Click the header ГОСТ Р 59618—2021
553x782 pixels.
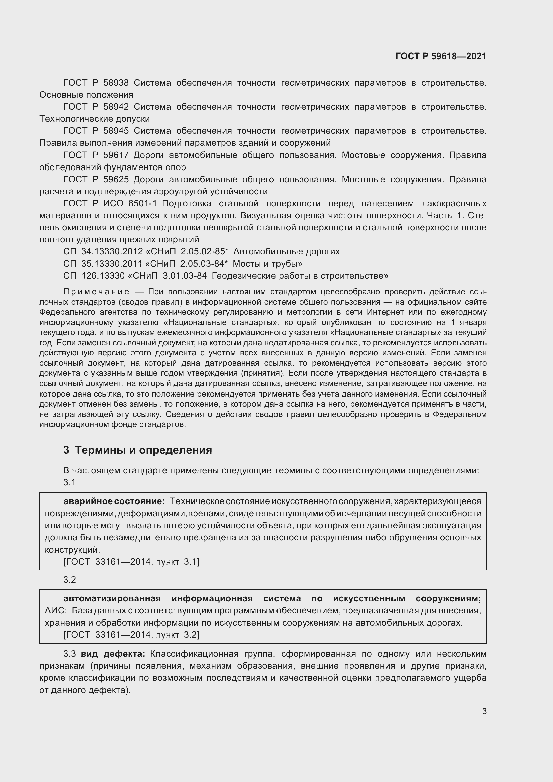point(441,56)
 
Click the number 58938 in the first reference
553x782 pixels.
point(116,83)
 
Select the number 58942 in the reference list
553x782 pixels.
point(116,107)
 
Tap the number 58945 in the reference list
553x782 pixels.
point(116,131)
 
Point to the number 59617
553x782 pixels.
point(116,155)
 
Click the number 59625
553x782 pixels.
point(116,179)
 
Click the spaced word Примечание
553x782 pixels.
point(96,292)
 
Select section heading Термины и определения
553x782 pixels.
point(143,450)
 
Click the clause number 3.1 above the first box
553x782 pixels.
point(69,482)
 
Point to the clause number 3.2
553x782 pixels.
point(69,580)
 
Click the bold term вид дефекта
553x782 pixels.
point(113,654)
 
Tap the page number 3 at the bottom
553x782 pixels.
point(484,711)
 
